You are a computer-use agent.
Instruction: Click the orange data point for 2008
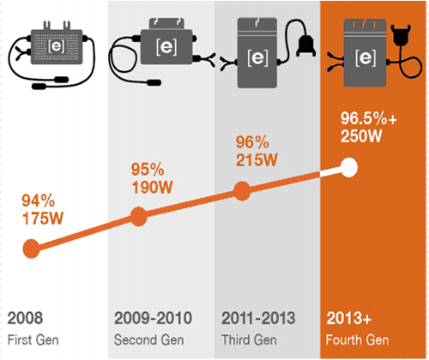click(x=32, y=250)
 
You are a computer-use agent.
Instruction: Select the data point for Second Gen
click(x=139, y=218)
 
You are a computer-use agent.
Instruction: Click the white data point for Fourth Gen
click(x=348, y=167)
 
